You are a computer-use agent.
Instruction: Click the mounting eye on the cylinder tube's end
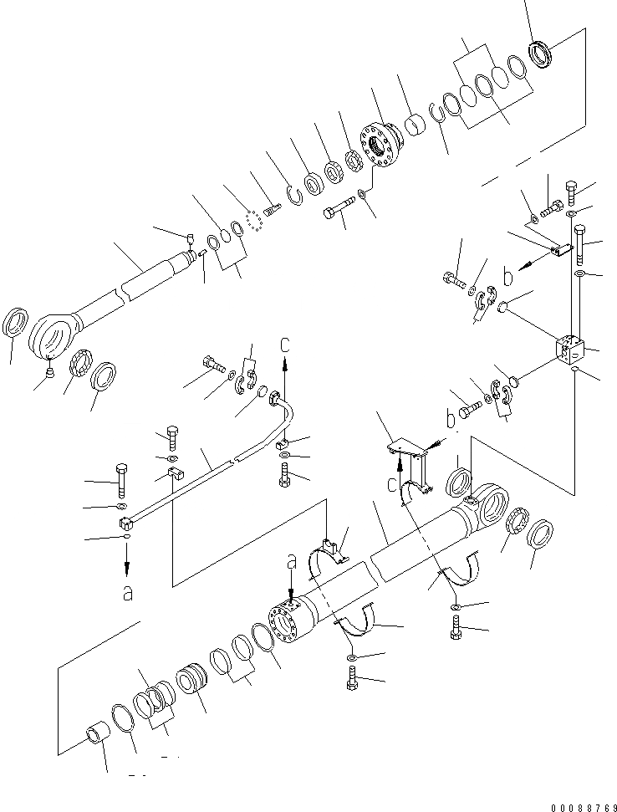[489, 509]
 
